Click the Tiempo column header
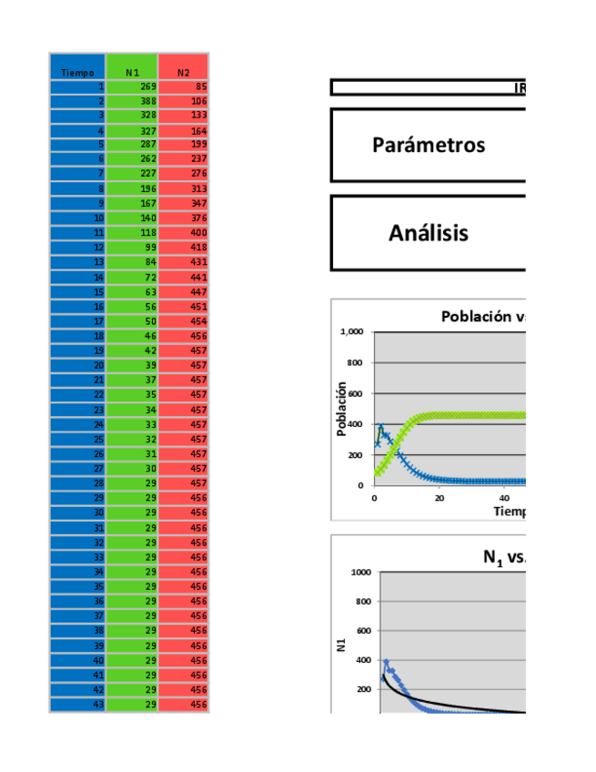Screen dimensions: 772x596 77,72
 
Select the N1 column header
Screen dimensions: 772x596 132,72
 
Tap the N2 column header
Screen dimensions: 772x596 183,72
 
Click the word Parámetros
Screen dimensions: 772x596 429,146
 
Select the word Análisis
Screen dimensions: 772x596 429,233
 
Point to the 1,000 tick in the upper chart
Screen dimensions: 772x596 352,332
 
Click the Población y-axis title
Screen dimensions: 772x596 342,409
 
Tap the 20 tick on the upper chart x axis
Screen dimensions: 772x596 439,498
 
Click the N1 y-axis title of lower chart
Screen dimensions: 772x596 342,645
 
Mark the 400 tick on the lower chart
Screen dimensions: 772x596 361,660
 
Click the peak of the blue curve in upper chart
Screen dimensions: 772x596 380,425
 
